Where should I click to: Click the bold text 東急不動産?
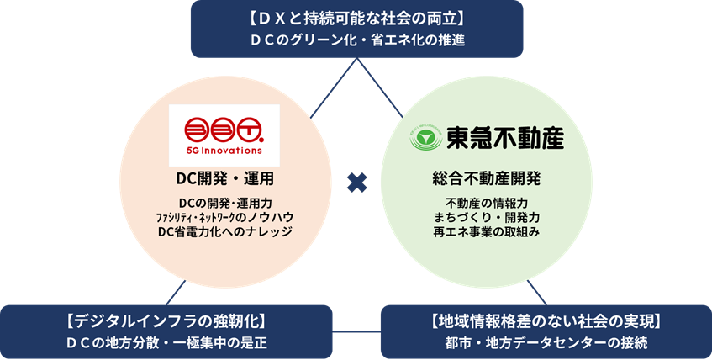pos(496,137)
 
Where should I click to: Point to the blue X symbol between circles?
pos(357,182)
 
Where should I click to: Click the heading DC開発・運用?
pos(224,178)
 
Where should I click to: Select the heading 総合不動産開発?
pos(492,178)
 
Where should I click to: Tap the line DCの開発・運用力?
pos(224,203)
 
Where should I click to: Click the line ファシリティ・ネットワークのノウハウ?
pos(224,217)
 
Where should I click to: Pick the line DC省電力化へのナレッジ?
pos(224,231)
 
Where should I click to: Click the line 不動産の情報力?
pos(492,203)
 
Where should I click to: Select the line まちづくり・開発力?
pos(492,217)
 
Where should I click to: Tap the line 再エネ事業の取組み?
pos(492,231)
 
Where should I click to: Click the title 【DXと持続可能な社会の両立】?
pos(357,17)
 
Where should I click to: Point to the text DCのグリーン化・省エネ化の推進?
pos(357,39)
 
